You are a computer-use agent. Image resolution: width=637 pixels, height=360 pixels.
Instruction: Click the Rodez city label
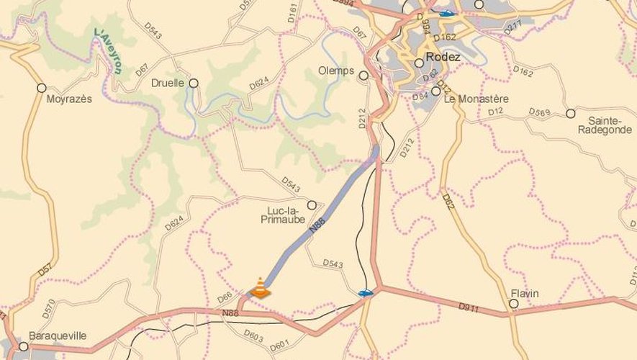443,57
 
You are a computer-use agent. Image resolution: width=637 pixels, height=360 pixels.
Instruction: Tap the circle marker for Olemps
363,75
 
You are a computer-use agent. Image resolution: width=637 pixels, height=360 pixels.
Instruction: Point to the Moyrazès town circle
42,88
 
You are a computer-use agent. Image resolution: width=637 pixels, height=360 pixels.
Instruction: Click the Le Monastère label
476,99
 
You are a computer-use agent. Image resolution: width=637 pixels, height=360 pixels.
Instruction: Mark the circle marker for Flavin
513,304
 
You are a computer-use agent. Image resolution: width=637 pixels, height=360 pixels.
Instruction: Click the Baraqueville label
58,336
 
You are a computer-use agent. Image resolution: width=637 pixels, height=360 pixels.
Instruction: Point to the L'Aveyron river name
108,51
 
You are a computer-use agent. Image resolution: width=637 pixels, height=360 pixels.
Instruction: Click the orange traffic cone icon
259,288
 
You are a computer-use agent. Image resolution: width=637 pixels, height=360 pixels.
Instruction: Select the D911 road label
468,307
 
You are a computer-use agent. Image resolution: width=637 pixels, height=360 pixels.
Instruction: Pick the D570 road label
48,308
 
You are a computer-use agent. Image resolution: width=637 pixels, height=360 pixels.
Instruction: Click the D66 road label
225,297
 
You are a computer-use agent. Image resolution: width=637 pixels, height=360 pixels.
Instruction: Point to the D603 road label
253,334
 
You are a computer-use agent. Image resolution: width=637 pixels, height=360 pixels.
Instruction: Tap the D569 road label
539,112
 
